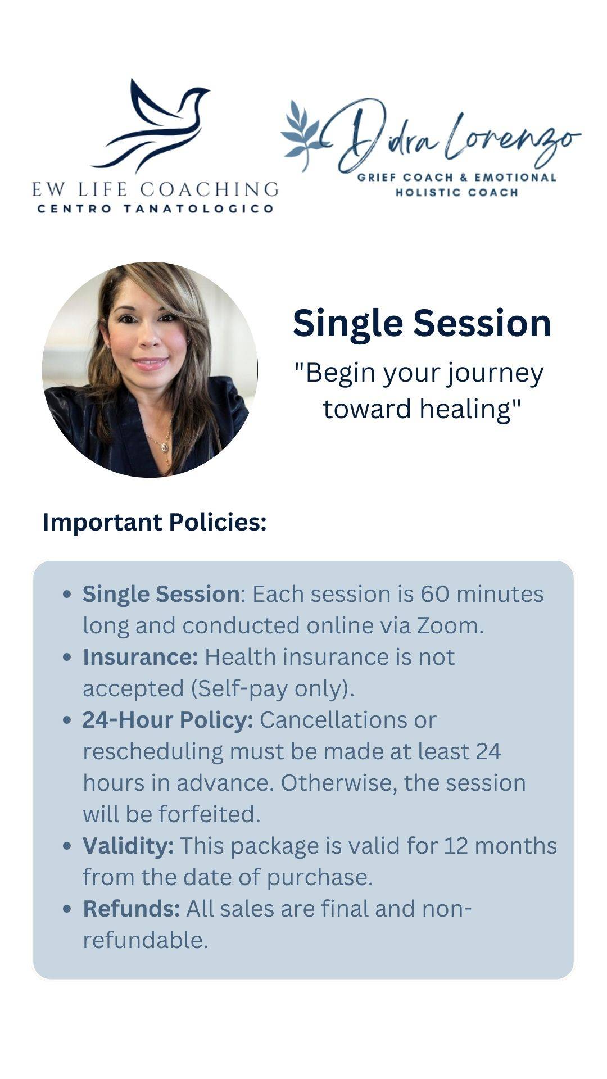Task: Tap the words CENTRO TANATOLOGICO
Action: coord(155,209)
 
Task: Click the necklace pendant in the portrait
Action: coord(164,447)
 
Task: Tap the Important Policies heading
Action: coord(155,522)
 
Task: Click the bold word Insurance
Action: coord(140,657)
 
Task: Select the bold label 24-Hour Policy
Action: coord(168,720)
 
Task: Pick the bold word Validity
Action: coord(128,846)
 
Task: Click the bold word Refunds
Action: coord(131,909)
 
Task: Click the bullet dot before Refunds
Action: coord(67,909)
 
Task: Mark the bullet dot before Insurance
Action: coord(67,658)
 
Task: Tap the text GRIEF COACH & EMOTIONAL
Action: coord(456,178)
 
